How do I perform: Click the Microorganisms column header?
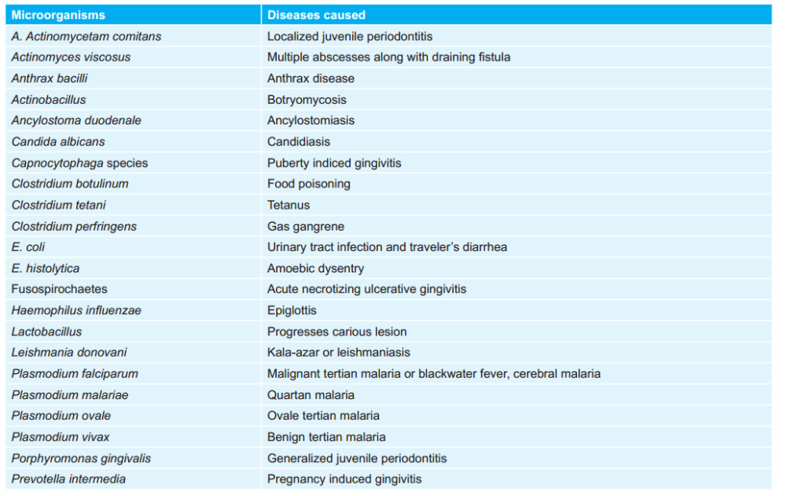(x=58, y=15)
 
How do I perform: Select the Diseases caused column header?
(x=316, y=15)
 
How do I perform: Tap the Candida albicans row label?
(x=58, y=142)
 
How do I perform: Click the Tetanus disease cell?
(x=289, y=205)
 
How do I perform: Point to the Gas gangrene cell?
(x=305, y=226)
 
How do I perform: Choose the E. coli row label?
(x=28, y=247)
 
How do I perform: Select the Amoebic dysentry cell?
(x=315, y=268)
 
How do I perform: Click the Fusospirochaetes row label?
(x=59, y=289)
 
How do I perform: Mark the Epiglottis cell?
(x=292, y=310)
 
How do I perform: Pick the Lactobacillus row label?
(x=46, y=331)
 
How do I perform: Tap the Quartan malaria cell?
(x=311, y=394)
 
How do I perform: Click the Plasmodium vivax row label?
(x=61, y=437)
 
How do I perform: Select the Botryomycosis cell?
(x=307, y=99)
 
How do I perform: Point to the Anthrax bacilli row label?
(x=49, y=78)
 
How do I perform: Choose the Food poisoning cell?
(x=309, y=183)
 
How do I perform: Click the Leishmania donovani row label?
(x=69, y=353)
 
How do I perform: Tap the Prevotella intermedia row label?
(x=68, y=479)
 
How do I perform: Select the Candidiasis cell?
(x=299, y=142)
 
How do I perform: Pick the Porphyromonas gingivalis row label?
(x=81, y=458)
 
